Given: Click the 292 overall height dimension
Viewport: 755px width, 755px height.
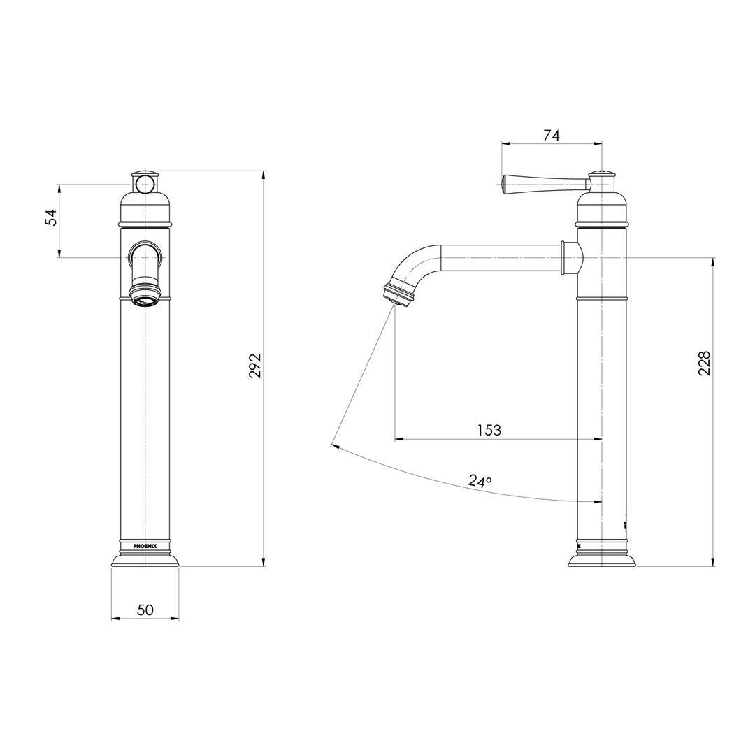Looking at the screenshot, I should click(x=255, y=366).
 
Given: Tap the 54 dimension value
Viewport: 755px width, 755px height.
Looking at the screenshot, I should click(x=51, y=217).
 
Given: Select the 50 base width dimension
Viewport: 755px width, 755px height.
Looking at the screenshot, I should click(x=145, y=610).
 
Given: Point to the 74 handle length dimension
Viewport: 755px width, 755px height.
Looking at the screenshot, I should click(x=552, y=136).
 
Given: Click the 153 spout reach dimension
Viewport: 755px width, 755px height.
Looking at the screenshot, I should click(x=489, y=430).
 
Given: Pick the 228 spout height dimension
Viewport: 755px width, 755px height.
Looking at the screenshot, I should click(x=705, y=364).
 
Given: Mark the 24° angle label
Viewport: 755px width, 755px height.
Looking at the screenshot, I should click(x=480, y=481).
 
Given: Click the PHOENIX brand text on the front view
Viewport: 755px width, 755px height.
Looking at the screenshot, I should click(x=145, y=546).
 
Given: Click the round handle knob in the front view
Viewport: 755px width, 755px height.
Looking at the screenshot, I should click(x=145, y=184).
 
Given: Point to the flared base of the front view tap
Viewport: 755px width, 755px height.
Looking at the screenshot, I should click(x=145, y=559).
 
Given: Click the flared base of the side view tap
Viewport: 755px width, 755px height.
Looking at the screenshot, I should click(x=601, y=560).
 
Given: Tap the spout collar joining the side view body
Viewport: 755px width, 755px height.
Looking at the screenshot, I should click(x=570, y=257).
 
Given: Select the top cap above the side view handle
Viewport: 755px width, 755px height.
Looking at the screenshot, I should click(x=601, y=173).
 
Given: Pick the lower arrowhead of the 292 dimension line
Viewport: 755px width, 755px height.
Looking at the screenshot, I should click(x=264, y=562).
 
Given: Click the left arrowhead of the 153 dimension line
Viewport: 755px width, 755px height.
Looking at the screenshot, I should click(x=399, y=439).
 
